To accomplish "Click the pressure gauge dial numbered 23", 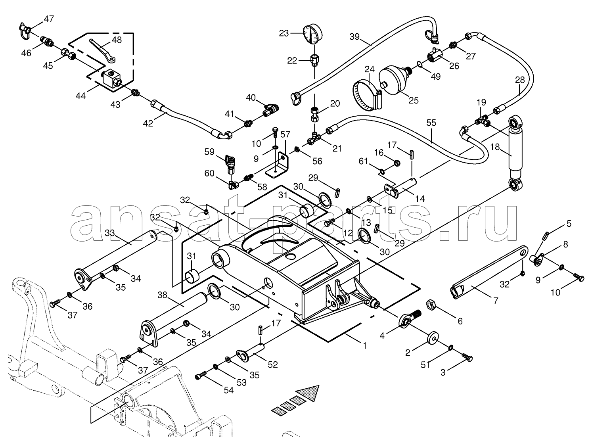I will pos(311,34).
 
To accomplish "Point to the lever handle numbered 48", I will pos(102,49).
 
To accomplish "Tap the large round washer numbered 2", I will pos(433,339).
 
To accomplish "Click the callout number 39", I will pos(355,36).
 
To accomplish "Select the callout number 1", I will pos(364,346).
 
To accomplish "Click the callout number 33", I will pos(109,233).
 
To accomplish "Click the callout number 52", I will pos(272,365).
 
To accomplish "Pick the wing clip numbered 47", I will pos(25,29).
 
